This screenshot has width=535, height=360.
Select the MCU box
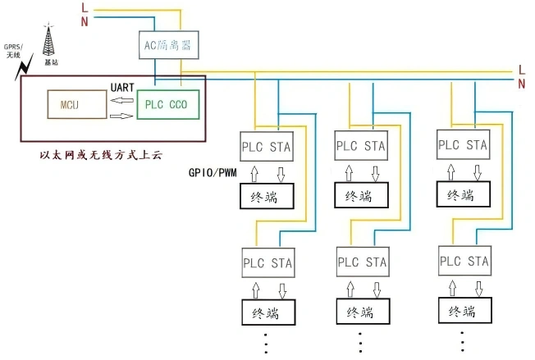pos(68,104)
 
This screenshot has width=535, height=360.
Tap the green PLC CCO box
pos(167,105)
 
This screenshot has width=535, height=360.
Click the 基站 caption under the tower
pos(51,62)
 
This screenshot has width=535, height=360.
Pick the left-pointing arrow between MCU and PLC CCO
pos(121,101)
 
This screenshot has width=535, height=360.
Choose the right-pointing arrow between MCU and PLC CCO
pos(121,116)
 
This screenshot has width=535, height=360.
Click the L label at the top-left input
pos(84,7)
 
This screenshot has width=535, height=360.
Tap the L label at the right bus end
pos(522,71)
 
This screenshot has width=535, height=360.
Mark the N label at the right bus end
pos(522,84)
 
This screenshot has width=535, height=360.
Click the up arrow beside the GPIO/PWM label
pos(254,173)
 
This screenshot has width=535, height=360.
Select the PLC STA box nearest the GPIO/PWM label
pos(267,146)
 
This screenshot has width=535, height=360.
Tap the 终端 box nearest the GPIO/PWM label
pos(267,198)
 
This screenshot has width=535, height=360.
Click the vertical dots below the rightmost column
pos(462,341)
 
